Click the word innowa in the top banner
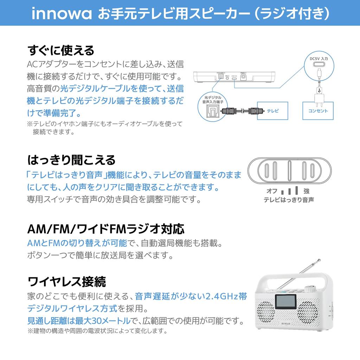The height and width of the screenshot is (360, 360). pyautogui.click(x=62, y=14)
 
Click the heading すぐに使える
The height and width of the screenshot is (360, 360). pyautogui.click(x=61, y=50)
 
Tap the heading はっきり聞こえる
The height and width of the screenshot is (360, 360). pyautogui.click(x=71, y=160)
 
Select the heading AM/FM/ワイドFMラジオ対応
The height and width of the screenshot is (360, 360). pyautogui.click(x=106, y=229)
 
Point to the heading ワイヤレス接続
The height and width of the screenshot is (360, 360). pyautogui.click(x=66, y=282)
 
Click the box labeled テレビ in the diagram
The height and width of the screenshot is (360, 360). pyautogui.click(x=272, y=111)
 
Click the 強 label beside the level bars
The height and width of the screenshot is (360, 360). pyautogui.click(x=306, y=191)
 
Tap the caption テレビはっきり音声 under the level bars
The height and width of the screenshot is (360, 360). pyautogui.click(x=289, y=200)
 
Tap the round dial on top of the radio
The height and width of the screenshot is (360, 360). pyautogui.click(x=310, y=289)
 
